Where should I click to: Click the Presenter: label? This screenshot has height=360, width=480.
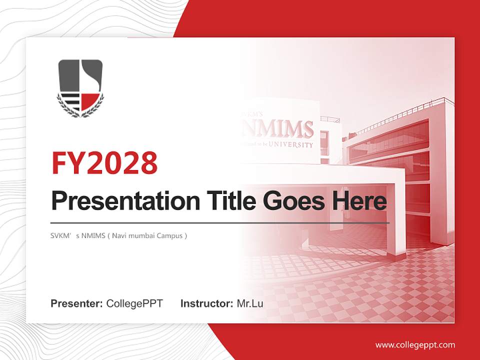pyautogui.click(x=77, y=303)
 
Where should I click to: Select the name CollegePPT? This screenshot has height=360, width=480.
pyautogui.click(x=134, y=303)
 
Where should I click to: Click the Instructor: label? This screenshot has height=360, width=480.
pyautogui.click(x=206, y=303)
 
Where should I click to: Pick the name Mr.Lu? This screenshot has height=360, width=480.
pyautogui.click(x=250, y=303)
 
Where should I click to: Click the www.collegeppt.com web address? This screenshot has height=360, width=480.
pyautogui.click(x=415, y=344)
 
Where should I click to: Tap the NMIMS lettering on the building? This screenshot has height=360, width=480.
pyautogui.click(x=278, y=129)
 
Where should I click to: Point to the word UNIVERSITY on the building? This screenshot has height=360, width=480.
pyautogui.click(x=291, y=145)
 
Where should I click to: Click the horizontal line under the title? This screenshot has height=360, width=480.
pyautogui.click(x=220, y=222)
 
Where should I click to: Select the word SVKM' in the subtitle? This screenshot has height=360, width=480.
pyautogui.click(x=62, y=235)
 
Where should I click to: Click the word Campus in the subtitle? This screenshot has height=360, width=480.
pyautogui.click(x=170, y=235)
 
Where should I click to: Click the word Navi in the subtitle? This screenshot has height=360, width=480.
pyautogui.click(x=119, y=235)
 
